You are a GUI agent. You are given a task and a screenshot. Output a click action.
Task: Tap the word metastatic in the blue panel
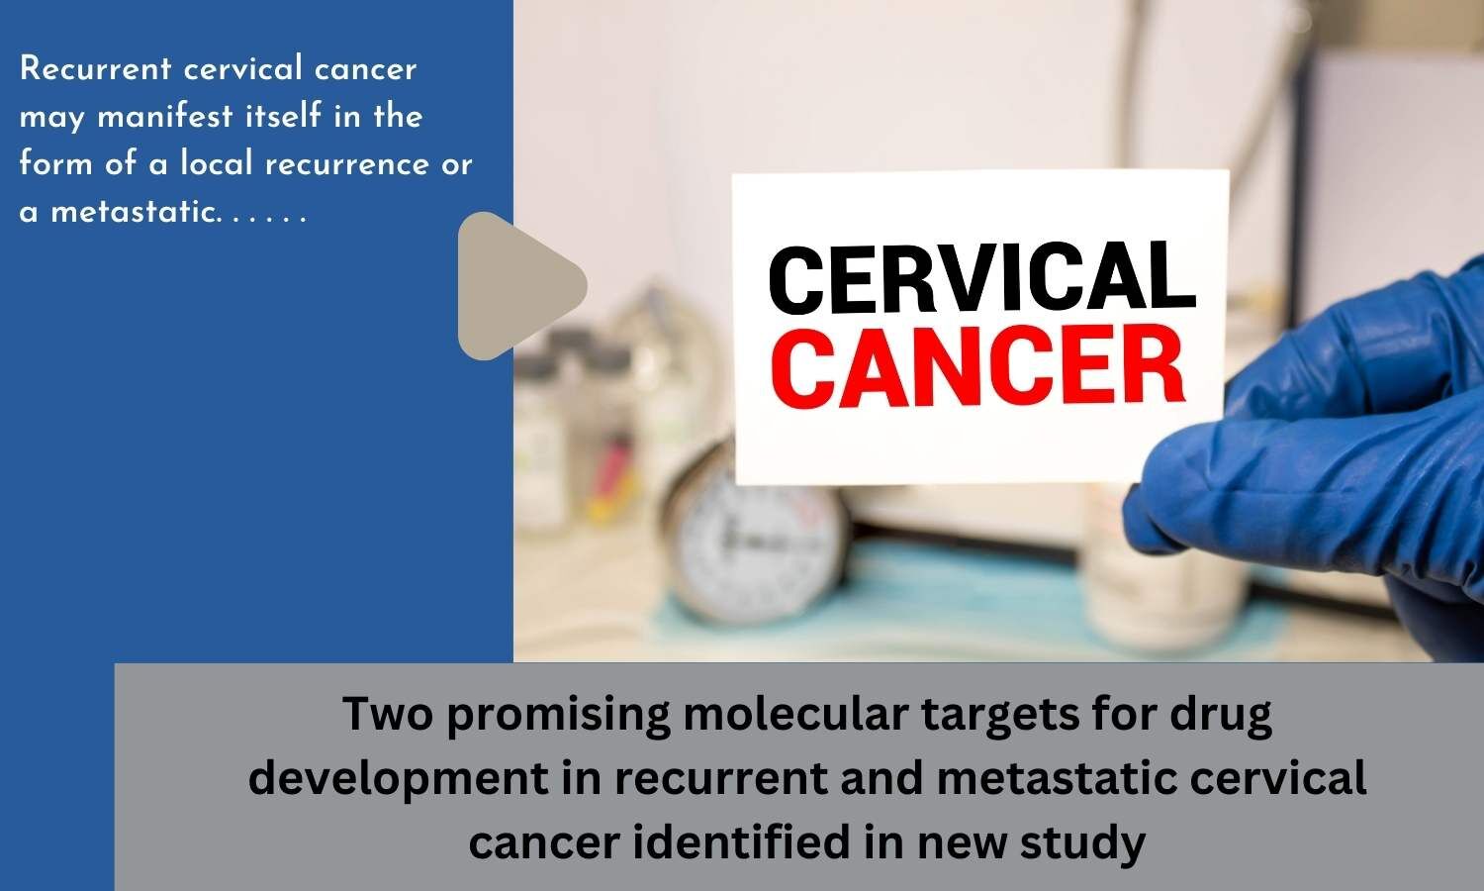(x=131, y=212)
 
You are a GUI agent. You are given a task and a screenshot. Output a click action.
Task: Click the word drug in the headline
(x=1223, y=717)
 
